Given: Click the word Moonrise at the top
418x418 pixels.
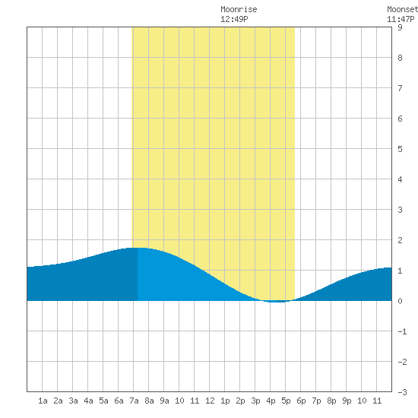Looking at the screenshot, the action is [239, 9].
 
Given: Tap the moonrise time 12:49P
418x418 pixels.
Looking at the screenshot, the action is [234, 19].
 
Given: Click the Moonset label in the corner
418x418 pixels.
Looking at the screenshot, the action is [402, 9].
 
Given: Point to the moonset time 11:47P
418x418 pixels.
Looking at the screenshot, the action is [401, 19].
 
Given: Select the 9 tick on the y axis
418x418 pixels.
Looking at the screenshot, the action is [400, 27].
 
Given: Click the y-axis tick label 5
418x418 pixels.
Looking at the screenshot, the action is [400, 149].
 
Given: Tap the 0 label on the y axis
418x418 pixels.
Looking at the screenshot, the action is [400, 301].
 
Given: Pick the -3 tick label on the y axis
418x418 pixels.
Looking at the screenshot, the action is [402, 392].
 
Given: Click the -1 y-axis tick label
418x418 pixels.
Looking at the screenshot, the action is [402, 331].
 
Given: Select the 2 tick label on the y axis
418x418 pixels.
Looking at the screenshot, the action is [400, 240].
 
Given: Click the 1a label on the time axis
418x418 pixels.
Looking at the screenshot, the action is [43, 401].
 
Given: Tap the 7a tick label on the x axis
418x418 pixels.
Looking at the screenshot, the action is [134, 401].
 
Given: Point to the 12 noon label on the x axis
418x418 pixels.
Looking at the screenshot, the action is [210, 401].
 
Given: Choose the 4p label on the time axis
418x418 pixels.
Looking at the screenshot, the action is [271, 401].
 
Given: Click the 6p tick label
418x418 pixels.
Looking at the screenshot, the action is [301, 401].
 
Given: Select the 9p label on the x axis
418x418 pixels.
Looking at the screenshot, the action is [347, 401].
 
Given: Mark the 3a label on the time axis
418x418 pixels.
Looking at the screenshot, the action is [73, 401].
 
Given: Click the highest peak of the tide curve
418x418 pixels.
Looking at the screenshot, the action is [138, 248].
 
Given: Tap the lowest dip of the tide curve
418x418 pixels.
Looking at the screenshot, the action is [277, 302].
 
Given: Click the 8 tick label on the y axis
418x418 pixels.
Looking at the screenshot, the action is [400, 58].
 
